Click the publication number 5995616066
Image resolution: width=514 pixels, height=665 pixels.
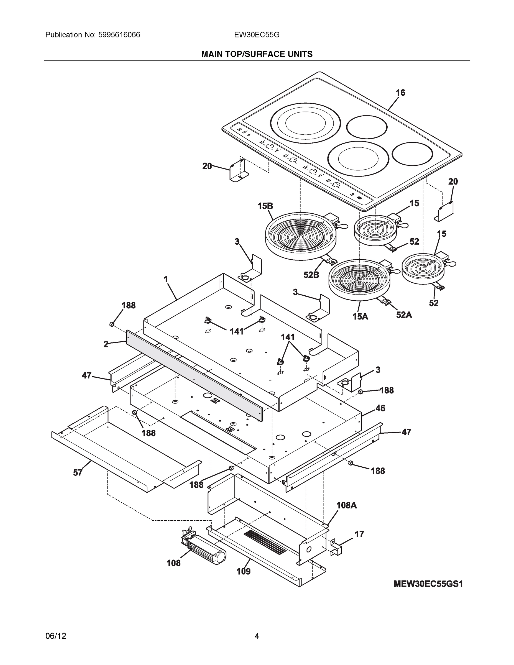point(119,35)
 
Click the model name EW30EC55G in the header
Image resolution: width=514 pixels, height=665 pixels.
point(257,35)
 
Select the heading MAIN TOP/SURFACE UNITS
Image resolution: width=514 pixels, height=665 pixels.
point(257,54)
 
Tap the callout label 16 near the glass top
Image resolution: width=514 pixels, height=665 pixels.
point(400,93)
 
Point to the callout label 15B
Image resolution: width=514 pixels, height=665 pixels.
point(265,206)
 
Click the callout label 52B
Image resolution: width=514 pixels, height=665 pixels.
point(311,275)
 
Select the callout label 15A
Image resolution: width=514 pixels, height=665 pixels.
point(360,317)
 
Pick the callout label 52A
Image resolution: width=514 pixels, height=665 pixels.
point(404,315)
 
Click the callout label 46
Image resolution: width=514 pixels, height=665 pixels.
point(380,408)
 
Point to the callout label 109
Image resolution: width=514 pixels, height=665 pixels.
point(244,572)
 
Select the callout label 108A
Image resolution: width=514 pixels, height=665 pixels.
point(347,505)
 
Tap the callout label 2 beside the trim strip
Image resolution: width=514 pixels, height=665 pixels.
point(106,344)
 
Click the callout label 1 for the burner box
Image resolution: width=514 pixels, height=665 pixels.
point(166,279)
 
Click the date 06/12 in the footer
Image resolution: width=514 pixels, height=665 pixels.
point(56,636)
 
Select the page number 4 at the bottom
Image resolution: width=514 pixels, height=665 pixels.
point(257,636)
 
